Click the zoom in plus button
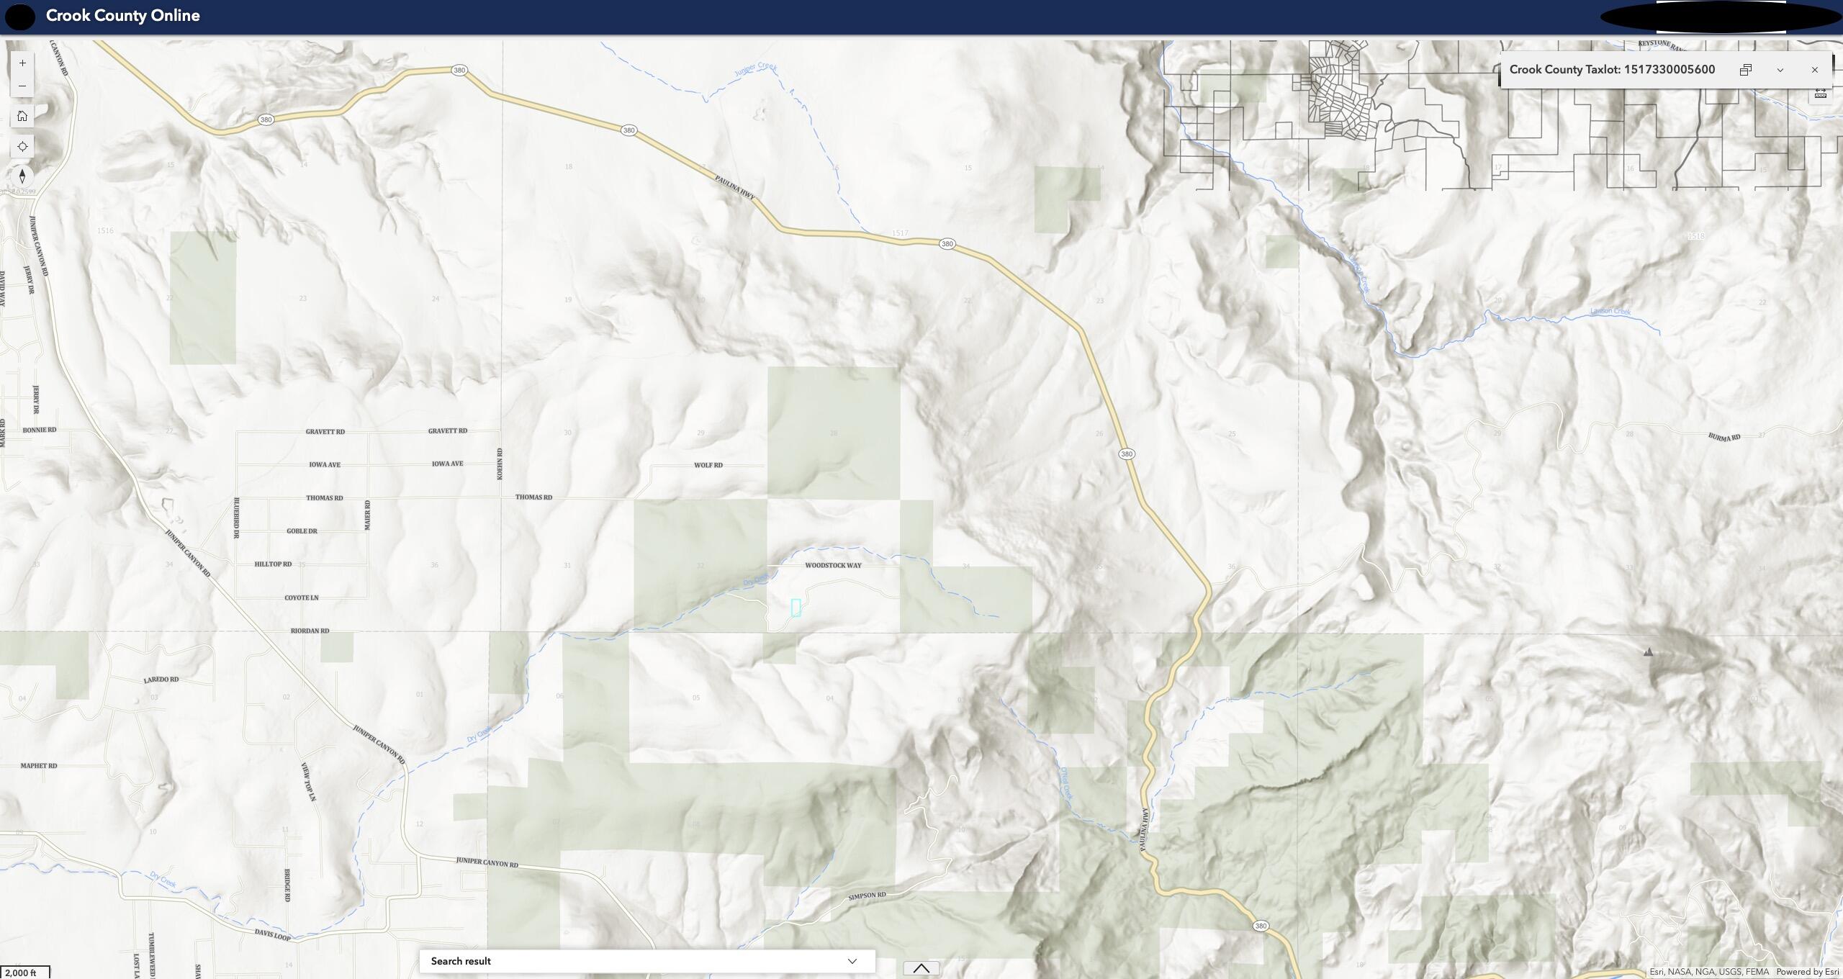tap(22, 63)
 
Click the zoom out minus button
tap(22, 86)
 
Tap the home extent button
tap(22, 116)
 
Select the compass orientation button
tap(22, 176)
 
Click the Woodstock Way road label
tap(833, 566)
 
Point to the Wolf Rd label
tap(708, 465)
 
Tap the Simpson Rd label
tap(867, 896)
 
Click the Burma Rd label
tap(1723, 437)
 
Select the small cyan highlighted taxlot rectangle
tap(796, 608)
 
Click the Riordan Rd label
tap(310, 631)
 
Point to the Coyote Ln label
tap(301, 597)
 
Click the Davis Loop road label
tap(272, 934)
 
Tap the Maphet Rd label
tap(38, 766)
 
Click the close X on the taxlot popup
tap(1814, 70)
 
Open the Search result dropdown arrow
tap(852, 961)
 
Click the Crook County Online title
tap(122, 16)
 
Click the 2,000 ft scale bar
tap(24, 973)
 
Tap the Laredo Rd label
tap(161, 680)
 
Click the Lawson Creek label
tap(1610, 311)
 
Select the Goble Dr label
tap(302, 531)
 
